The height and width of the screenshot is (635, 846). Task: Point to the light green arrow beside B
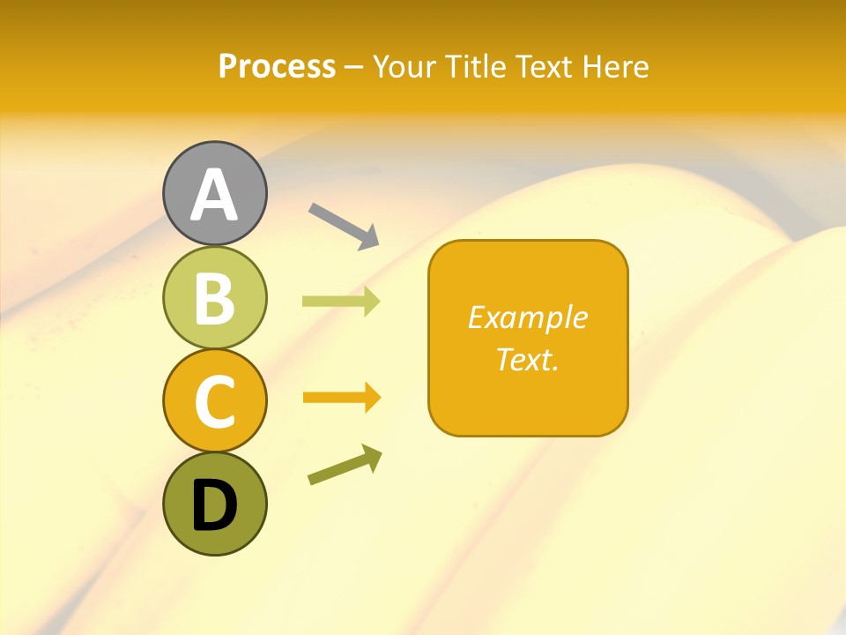point(341,302)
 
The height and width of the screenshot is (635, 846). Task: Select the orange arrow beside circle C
point(342,398)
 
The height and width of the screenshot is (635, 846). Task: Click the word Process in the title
point(277,67)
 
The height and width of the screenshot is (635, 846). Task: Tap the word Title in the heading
point(476,67)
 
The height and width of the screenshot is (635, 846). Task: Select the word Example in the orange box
point(528,317)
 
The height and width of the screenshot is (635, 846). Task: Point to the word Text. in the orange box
point(528,359)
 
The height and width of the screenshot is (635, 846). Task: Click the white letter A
point(214,195)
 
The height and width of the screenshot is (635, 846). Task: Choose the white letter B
point(214,298)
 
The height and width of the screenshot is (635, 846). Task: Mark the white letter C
point(214,401)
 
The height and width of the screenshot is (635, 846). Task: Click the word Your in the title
point(407,67)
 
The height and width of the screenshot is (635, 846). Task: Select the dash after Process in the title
point(353,68)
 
